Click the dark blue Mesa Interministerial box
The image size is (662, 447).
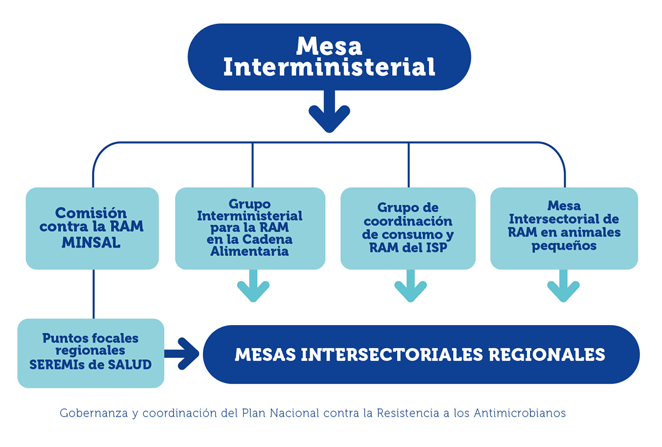pyautogui.click(x=329, y=57)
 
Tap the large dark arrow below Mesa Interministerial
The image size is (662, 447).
pyautogui.click(x=329, y=111)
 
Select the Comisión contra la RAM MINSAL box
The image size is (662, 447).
pyautogui.click(x=92, y=228)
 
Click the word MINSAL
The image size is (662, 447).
pyautogui.click(x=91, y=243)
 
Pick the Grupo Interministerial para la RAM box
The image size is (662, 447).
pyautogui.click(x=250, y=228)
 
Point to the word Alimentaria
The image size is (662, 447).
pyautogui.click(x=249, y=251)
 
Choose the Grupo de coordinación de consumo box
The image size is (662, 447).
pyautogui.click(x=408, y=228)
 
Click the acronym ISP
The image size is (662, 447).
pyautogui.click(x=436, y=247)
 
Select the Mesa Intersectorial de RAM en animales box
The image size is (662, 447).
pyautogui.click(x=564, y=228)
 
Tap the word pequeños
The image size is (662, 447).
pyautogui.click(x=564, y=246)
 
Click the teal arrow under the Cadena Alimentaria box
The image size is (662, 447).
pyautogui.click(x=253, y=286)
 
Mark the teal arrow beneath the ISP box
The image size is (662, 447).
pyautogui.click(x=410, y=286)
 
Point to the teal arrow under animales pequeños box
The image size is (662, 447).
pyautogui.click(x=563, y=286)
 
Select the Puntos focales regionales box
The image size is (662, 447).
pyautogui.click(x=90, y=353)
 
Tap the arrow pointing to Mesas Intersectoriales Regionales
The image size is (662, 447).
pyautogui.click(x=181, y=354)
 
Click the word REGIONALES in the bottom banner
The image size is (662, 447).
pyautogui.click(x=547, y=354)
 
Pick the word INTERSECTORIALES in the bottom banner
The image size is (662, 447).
pyautogui.click(x=392, y=354)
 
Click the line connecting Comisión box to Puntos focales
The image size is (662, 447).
pyautogui.click(x=94, y=294)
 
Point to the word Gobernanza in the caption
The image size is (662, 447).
pyautogui.click(x=94, y=413)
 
